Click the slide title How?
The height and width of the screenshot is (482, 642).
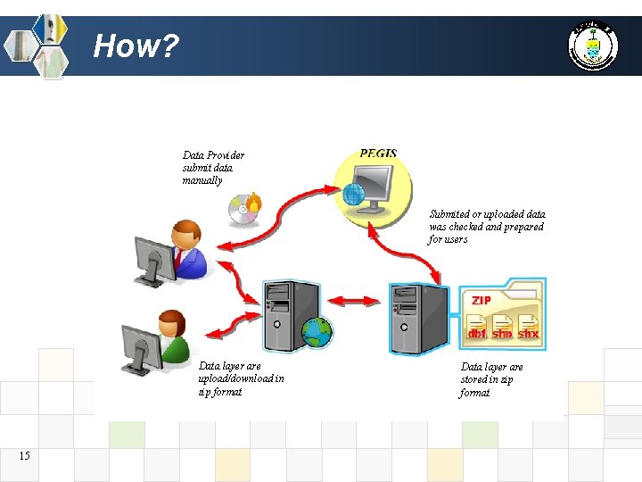(x=136, y=45)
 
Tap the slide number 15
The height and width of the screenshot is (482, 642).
(x=24, y=456)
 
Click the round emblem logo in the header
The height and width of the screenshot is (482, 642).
(x=592, y=45)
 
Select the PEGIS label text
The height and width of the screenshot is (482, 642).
(x=379, y=154)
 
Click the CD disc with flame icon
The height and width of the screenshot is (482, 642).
(x=245, y=209)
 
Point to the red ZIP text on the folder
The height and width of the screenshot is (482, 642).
(x=481, y=300)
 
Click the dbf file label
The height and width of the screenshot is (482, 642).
(x=478, y=333)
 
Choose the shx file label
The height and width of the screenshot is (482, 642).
(x=529, y=333)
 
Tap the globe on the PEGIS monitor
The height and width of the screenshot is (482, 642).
(x=354, y=194)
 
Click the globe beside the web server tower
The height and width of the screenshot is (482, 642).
(x=317, y=332)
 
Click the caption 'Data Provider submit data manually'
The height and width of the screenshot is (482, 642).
(x=213, y=167)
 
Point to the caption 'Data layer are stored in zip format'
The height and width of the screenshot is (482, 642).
(x=491, y=379)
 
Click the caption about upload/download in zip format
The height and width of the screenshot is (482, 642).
(x=241, y=378)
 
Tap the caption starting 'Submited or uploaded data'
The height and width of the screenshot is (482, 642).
(x=487, y=227)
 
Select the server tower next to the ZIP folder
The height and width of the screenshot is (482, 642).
(x=418, y=316)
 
